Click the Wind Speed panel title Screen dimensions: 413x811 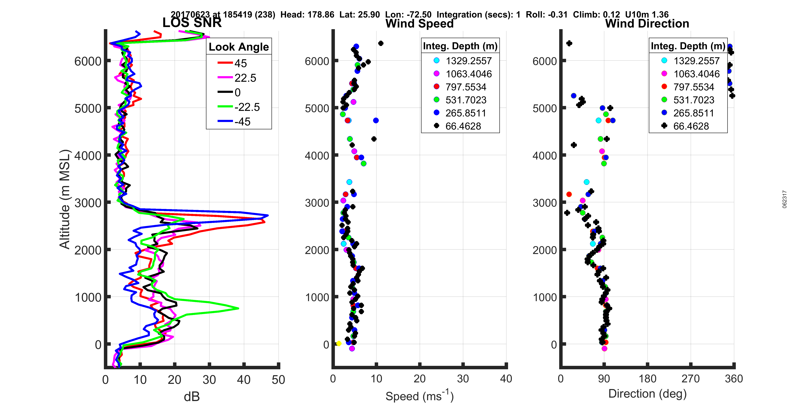click(419, 24)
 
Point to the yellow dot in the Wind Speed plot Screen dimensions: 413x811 click(339, 343)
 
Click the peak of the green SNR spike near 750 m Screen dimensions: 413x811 click(238, 308)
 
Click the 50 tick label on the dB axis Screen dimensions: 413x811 click(278, 380)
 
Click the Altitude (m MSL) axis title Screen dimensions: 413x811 click(65, 199)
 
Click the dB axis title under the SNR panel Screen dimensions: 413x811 click(192, 397)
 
